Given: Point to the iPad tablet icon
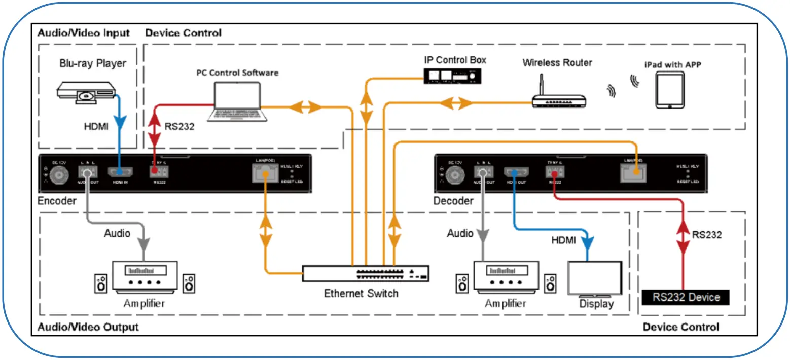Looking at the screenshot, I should (x=669, y=89).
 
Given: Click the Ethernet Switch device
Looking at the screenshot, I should (x=366, y=274).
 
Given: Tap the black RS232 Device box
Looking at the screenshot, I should (x=686, y=297).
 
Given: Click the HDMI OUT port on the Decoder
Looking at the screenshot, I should (x=515, y=173).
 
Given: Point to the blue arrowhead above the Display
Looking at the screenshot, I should (x=587, y=243).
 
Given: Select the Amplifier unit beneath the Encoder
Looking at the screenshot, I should (x=145, y=276).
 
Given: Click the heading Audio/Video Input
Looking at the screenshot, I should (x=84, y=33).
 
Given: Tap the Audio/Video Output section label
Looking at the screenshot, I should (x=88, y=327).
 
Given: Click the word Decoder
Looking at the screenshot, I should (x=453, y=201).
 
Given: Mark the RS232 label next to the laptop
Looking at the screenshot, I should (x=179, y=126).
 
